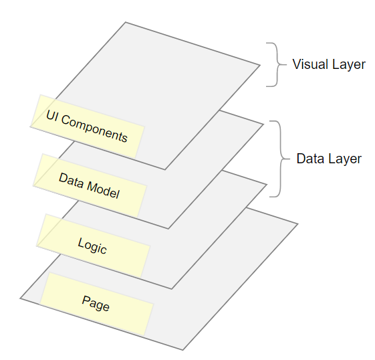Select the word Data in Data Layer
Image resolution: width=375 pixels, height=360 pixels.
[310, 159]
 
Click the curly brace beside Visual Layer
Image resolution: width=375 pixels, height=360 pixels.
[277, 65]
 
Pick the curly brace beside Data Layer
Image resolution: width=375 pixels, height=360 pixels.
[280, 159]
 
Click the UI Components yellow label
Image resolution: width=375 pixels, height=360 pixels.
[88, 126]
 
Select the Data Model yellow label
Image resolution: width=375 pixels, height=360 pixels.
[90, 185]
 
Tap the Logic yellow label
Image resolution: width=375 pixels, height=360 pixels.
[94, 246]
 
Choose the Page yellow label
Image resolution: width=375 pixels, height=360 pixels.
[96, 304]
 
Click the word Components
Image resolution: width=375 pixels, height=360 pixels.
[94, 128]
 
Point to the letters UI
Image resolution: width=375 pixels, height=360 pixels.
[52, 116]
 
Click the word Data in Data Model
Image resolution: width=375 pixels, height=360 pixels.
[72, 181]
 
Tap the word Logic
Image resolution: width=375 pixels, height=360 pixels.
[92, 246]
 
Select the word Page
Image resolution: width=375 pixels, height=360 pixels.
[96, 304]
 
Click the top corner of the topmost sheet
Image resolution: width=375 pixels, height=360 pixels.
[126, 22]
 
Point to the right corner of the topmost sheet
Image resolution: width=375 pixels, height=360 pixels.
[260, 65]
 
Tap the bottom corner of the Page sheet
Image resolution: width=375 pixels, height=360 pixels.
[183, 350]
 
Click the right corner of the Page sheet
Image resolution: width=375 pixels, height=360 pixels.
[298, 223]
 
